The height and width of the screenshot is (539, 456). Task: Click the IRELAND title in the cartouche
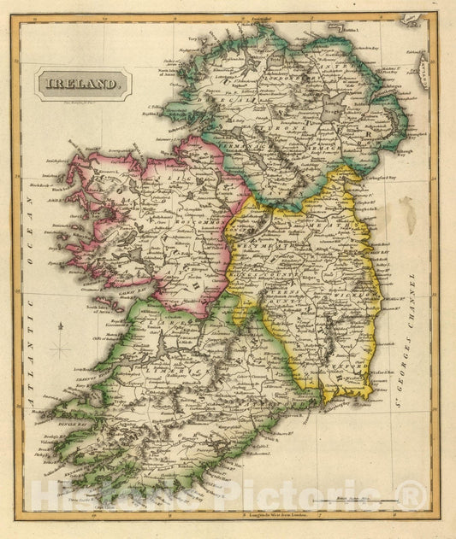83,85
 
